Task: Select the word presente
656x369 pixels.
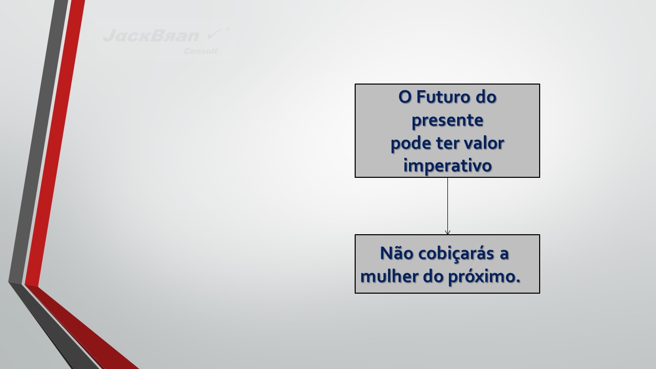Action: click(447, 120)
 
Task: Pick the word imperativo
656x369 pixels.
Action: click(447, 166)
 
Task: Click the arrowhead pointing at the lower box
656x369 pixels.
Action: click(447, 232)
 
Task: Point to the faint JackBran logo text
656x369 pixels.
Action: click(151, 35)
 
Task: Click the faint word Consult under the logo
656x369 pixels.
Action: click(200, 51)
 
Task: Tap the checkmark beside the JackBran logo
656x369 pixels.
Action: click(215, 34)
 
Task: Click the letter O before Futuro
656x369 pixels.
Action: click(405, 97)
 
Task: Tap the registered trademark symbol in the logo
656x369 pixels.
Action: click(228, 29)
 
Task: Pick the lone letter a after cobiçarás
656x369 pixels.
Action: click(504, 254)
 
